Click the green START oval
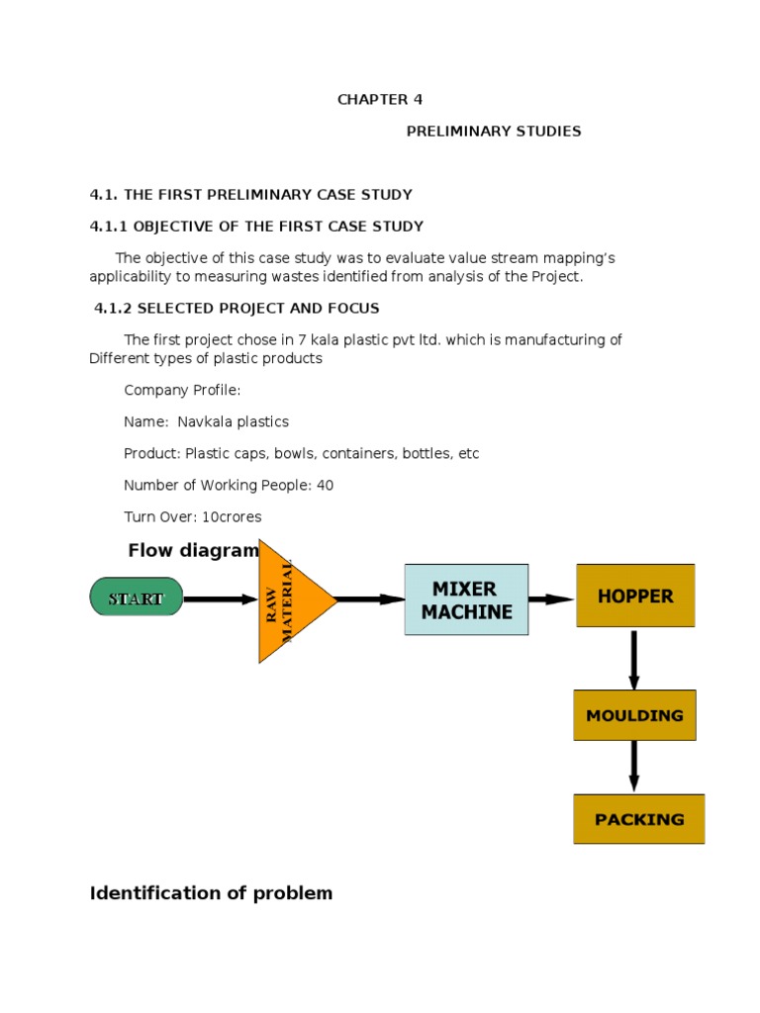tap(137, 598)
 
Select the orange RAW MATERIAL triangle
tap(290, 600)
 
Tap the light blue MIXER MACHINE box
tap(466, 599)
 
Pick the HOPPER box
tap(635, 596)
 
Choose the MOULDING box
tap(634, 715)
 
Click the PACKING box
tap(639, 819)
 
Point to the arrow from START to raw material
tap(221, 599)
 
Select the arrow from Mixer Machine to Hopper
tap(551, 599)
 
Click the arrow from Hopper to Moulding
tap(634, 659)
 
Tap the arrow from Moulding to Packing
tap(634, 767)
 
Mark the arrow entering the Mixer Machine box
tap(371, 599)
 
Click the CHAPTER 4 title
tap(373, 100)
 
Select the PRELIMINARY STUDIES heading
tap(494, 132)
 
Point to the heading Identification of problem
tap(211, 893)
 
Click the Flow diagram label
tap(193, 551)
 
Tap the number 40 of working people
tap(325, 486)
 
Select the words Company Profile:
tap(182, 391)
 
